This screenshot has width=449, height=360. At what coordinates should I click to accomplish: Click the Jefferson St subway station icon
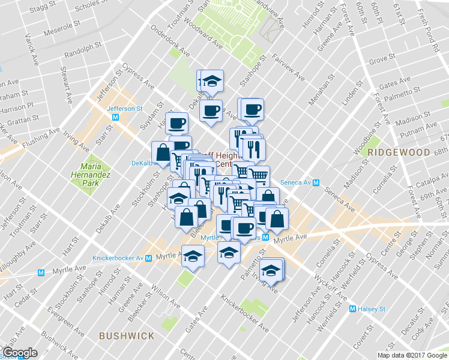(x=115, y=118)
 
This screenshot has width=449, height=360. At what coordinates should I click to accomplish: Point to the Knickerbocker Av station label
(x=118, y=258)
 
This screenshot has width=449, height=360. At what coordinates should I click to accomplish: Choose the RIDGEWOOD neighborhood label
(x=399, y=152)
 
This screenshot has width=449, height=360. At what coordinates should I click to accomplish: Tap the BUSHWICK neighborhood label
(x=127, y=336)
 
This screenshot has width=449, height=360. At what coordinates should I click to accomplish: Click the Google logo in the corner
(x=19, y=353)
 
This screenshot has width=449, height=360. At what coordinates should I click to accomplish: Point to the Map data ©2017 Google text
(x=412, y=355)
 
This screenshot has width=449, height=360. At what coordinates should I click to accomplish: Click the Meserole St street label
(x=59, y=28)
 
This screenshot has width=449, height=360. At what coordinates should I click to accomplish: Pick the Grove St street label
(x=382, y=59)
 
